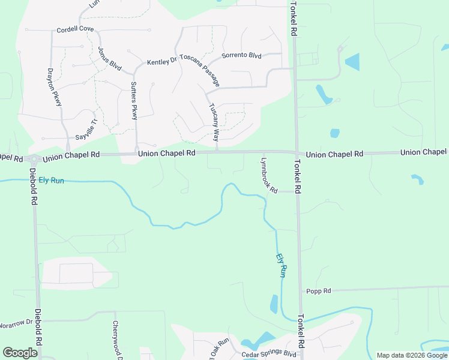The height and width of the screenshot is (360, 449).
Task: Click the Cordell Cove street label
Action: (75, 29)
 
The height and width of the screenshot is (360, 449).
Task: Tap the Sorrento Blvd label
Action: (241, 56)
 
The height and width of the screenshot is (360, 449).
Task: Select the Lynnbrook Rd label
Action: (268, 175)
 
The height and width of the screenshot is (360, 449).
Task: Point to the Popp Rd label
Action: (318, 291)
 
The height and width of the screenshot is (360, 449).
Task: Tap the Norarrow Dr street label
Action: (16, 322)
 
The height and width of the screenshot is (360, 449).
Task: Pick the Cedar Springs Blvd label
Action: (270, 355)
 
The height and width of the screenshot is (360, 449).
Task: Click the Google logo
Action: (20, 353)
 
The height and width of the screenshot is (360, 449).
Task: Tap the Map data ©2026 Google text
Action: (412, 355)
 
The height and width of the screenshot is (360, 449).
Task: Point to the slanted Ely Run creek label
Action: (281, 265)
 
